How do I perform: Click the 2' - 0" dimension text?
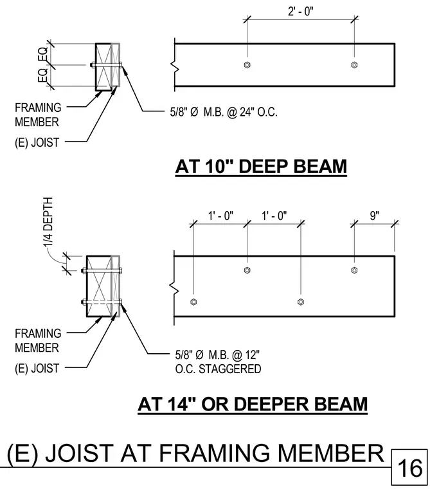[300, 12]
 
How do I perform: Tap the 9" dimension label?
[374, 216]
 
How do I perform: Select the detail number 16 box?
[409, 468]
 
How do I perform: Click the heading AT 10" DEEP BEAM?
[261, 166]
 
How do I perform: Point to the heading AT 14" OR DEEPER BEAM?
[253, 404]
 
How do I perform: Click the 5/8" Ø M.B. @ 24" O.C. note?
[224, 112]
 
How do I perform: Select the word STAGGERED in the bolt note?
[230, 369]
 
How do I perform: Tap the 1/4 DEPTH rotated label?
[48, 221]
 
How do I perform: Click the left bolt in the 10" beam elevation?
[247, 65]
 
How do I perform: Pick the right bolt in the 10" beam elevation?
[354, 65]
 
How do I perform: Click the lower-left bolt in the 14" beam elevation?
[193, 302]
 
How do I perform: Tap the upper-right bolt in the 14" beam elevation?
[354, 270]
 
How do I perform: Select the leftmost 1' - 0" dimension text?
[220, 216]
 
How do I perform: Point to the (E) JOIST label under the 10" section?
[37, 143]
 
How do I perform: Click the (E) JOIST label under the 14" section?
[37, 368]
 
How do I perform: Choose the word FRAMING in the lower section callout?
[38, 333]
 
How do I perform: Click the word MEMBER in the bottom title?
[330, 453]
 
